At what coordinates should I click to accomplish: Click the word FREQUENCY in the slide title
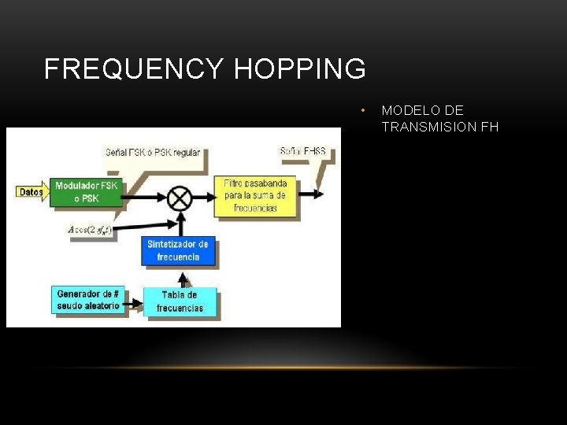134,69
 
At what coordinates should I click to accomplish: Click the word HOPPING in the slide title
300,69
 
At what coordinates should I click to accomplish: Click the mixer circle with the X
180,197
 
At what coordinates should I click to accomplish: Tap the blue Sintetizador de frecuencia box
179,251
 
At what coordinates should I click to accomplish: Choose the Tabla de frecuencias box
180,301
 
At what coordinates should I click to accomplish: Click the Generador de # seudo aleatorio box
88,300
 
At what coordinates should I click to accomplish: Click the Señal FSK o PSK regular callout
153,152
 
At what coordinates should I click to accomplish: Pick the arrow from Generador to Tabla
134,302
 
